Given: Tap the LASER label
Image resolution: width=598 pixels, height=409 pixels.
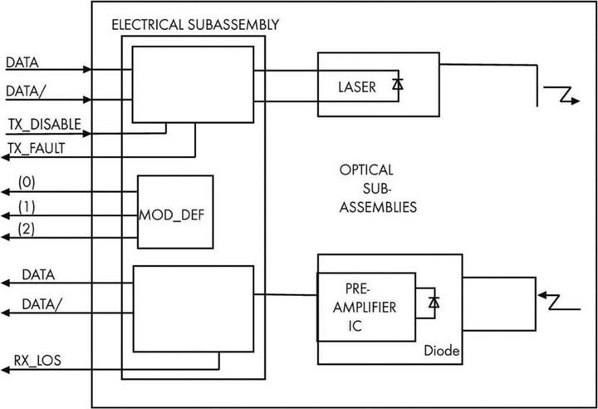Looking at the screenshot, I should [357, 86].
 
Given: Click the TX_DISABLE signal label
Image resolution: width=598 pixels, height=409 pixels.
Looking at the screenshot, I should [45, 124].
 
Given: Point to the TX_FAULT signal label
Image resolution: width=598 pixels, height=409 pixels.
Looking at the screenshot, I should [39, 148].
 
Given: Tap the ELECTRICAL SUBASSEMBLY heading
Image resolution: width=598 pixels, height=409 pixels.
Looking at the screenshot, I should [194, 24].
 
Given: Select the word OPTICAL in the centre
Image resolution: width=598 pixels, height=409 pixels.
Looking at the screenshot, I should [366, 170].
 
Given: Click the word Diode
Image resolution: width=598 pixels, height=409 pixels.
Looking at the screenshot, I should [441, 352].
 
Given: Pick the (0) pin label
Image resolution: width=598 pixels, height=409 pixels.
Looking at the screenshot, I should [27, 181].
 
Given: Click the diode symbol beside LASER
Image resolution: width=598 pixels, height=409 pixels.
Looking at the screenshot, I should [397, 84].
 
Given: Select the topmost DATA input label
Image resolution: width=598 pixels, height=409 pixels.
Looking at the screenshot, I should [22, 62].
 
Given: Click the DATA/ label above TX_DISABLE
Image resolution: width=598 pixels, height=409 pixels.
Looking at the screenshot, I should [25, 90].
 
